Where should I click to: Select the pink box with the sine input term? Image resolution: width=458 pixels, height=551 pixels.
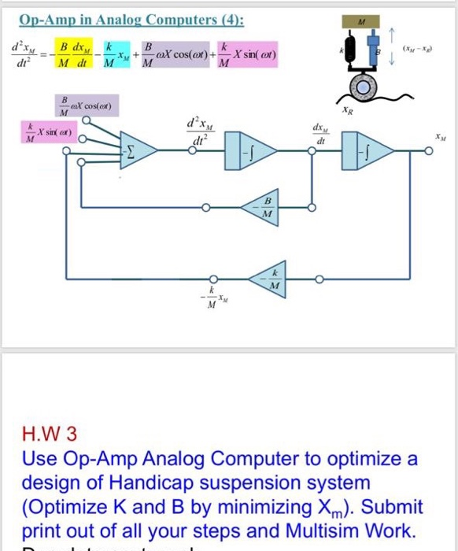coord(46,134)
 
